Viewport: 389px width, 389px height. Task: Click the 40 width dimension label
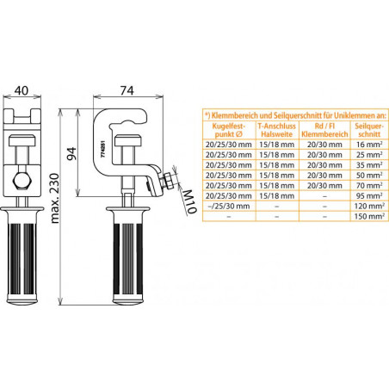(x=22, y=90)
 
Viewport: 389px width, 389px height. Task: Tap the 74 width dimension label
(x=127, y=90)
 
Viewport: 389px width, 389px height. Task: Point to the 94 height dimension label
(x=71, y=153)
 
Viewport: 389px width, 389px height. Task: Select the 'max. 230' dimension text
(x=54, y=198)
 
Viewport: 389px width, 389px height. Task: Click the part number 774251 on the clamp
(x=103, y=149)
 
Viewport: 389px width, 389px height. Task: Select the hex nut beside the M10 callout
(x=168, y=181)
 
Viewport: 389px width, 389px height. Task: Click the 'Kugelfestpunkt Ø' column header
(x=229, y=130)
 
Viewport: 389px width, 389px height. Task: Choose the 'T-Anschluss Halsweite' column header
(x=277, y=130)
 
